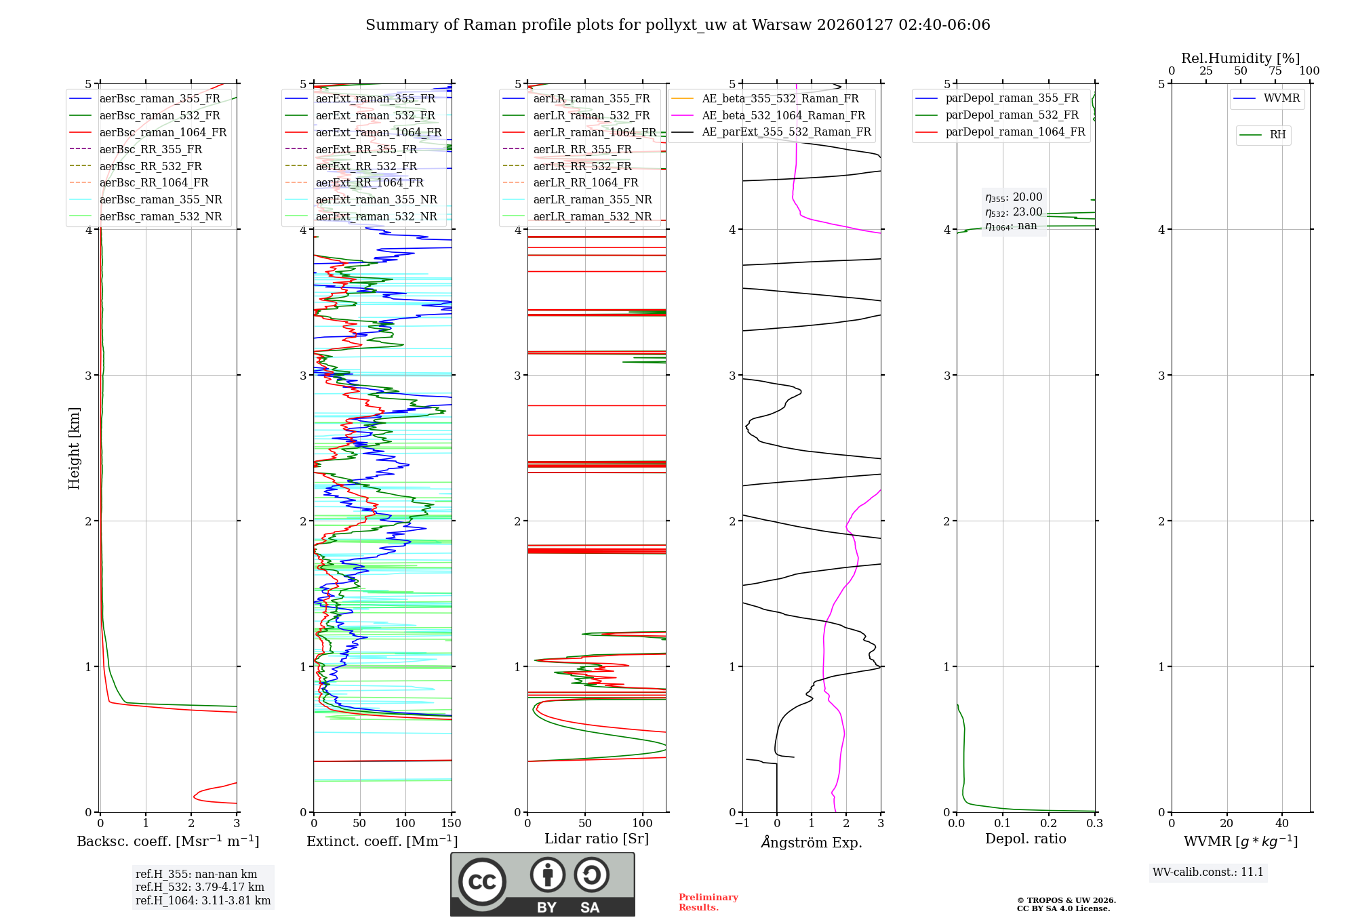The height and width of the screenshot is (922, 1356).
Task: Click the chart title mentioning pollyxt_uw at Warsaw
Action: (677, 25)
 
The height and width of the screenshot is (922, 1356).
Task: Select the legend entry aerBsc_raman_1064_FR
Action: (163, 133)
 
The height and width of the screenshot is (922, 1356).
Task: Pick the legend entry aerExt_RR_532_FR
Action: (366, 166)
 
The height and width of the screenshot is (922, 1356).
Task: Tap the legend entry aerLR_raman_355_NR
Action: (592, 199)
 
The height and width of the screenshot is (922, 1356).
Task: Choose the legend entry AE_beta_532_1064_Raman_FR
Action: (783, 116)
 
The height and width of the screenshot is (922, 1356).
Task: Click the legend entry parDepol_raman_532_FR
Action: (1012, 115)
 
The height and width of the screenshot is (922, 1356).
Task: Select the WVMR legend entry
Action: (1281, 98)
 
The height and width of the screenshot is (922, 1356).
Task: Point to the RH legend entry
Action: (1277, 135)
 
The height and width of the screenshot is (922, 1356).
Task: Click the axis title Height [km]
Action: (74, 448)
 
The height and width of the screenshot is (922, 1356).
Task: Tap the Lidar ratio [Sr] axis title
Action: (597, 839)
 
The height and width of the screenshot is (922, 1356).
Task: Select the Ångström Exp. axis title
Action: (812, 843)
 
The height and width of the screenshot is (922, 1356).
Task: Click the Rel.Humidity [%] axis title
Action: (1240, 58)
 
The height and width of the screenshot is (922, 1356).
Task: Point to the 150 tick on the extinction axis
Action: (451, 824)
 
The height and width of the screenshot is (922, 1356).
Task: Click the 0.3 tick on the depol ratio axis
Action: (1094, 824)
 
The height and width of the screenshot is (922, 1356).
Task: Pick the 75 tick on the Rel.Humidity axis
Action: (1275, 71)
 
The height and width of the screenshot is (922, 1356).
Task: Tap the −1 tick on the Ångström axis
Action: (741, 824)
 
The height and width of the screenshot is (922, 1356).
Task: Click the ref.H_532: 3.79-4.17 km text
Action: (200, 887)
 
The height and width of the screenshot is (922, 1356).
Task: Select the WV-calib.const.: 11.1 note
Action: (1208, 873)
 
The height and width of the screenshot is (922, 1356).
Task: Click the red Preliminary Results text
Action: (708, 902)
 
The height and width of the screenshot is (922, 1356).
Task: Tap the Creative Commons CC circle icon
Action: (482, 882)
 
